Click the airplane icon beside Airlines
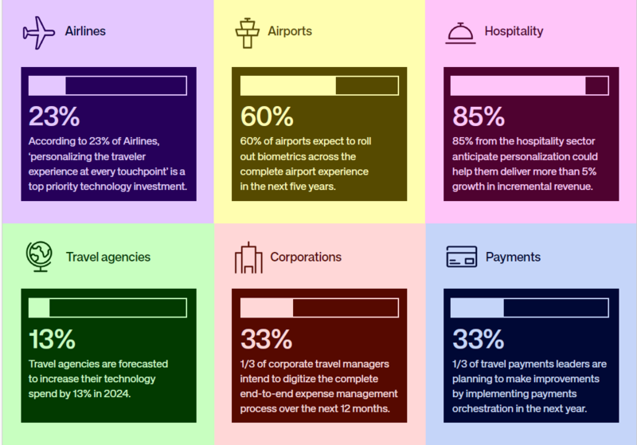39,32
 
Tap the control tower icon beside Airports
248,32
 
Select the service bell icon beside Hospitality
459,32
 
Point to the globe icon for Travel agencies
39,257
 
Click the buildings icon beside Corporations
248,257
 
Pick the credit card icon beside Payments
461,257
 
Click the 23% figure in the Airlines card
54,116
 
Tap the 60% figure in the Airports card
267,116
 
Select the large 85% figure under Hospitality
478,116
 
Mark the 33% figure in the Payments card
478,339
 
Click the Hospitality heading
514,32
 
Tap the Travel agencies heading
108,257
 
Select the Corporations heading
306,257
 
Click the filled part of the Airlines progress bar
47,85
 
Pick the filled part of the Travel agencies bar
39,308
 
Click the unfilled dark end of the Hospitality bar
596,85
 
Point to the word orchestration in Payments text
485,408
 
